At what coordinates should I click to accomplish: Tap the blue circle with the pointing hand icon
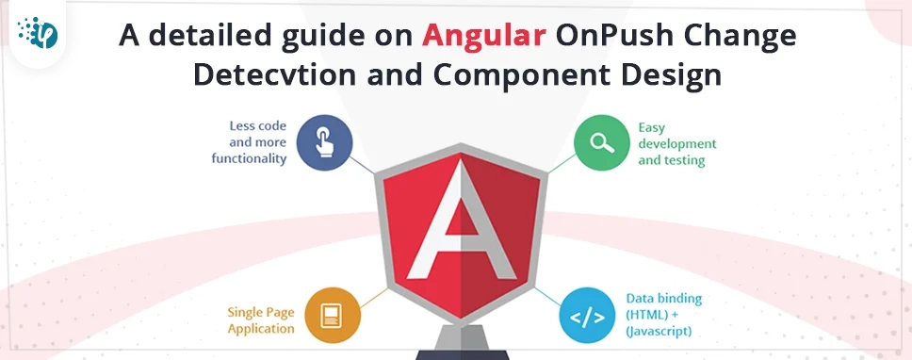click(324, 144)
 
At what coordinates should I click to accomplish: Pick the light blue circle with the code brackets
click(588, 317)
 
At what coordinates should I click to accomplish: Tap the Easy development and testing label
click(676, 144)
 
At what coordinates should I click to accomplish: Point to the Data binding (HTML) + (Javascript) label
click(664, 315)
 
